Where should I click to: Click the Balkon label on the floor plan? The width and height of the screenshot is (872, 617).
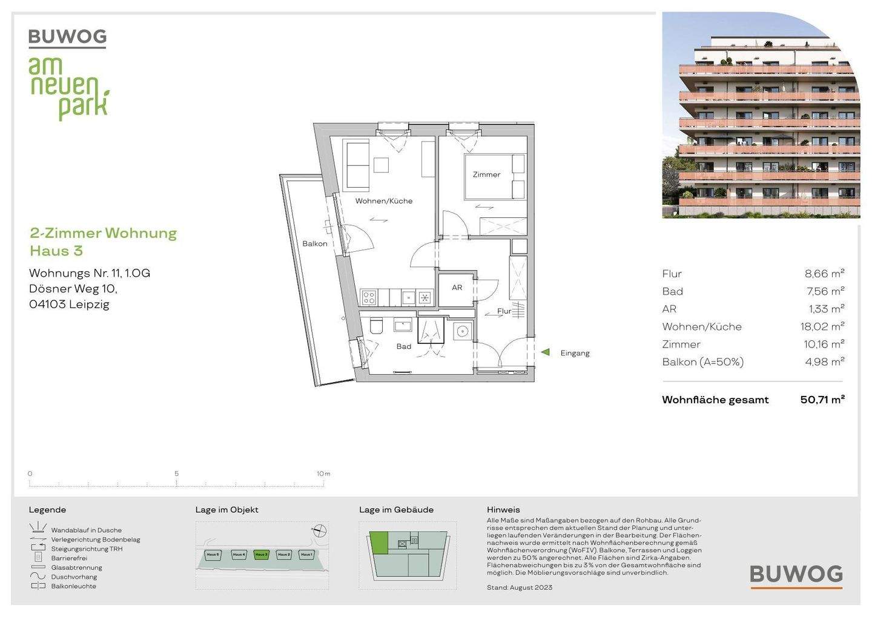pos(315,243)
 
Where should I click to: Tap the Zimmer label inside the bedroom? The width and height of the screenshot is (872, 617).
pos(486,174)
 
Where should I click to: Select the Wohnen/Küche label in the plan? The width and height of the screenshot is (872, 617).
pos(384,201)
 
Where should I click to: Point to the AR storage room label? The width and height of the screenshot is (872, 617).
pos(457,288)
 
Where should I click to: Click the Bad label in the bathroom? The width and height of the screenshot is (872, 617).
pos(404,347)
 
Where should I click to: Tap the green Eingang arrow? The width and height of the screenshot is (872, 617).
pos(545,352)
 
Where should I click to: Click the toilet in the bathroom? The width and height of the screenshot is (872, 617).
pos(376,327)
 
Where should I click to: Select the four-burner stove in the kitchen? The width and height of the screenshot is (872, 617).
pos(369,297)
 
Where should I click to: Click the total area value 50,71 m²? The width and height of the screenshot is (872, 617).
pos(822,400)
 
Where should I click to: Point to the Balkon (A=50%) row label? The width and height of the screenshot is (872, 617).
pos(702,362)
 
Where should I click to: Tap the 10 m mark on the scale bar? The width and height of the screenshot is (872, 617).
pos(323,474)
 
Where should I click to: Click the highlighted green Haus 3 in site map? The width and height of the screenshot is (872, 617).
pos(261,555)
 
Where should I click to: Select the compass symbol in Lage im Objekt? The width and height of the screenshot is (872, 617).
pos(320,532)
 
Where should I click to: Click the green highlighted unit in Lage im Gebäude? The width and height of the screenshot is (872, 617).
pos(379,542)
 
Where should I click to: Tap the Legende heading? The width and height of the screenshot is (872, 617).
pos(47,510)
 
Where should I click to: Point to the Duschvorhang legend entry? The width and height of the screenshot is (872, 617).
pos(73,577)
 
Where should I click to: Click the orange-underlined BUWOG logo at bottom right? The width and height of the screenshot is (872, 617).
pos(796,575)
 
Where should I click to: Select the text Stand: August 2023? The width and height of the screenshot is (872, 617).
pos(519,587)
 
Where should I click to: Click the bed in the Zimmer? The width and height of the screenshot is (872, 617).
pos(494,177)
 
